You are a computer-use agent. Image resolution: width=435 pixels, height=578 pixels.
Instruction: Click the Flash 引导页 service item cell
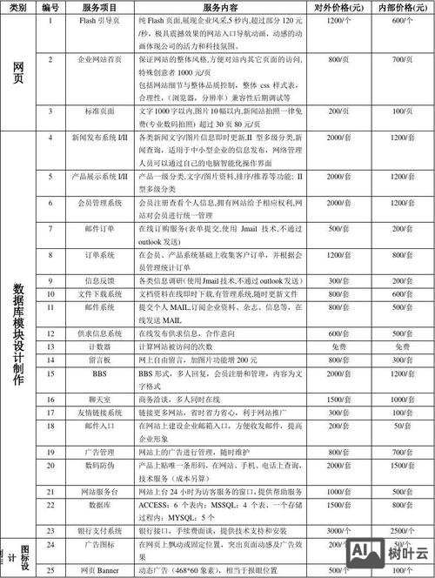click(93, 19)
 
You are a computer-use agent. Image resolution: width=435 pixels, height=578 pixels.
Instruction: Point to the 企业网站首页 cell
click(93, 59)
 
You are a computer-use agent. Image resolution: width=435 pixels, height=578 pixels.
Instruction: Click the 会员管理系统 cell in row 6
click(93, 202)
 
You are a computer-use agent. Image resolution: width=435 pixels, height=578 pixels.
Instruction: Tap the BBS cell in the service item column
click(93, 372)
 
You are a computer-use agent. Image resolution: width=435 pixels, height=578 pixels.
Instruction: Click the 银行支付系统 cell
click(93, 530)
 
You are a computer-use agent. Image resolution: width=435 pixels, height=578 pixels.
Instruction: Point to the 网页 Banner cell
click(93, 569)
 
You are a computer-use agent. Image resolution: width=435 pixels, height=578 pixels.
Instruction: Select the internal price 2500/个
click(396, 530)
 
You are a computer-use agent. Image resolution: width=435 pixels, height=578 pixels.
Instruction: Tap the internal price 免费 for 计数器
click(396, 346)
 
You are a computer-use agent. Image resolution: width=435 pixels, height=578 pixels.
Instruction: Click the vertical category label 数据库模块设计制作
click(18, 326)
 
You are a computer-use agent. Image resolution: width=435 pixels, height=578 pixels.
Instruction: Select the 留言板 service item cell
click(93, 359)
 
